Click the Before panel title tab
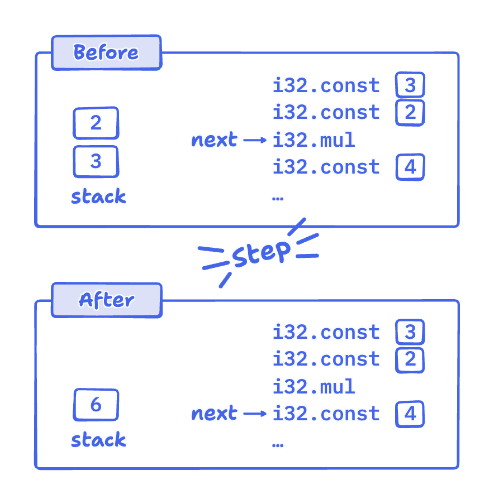coord(106,52)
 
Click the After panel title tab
coord(106,300)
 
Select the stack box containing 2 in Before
coord(96,123)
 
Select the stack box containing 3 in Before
coord(96,162)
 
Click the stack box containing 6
coord(96,405)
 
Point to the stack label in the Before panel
coord(99,196)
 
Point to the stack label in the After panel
coord(99,440)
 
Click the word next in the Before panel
coord(214,140)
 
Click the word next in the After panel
coord(214,414)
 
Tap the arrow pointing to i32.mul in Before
coord(255,140)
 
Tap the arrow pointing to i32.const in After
coord(255,414)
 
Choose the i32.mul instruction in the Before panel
coord(313,140)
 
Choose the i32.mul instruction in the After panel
coord(313,386)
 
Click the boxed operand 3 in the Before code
coord(410,85)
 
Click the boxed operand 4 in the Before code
coord(410,167)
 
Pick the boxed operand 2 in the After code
coord(410,359)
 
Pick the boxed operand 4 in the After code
coord(410,414)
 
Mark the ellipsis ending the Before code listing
coord(278,199)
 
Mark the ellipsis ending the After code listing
coord(278,445)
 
